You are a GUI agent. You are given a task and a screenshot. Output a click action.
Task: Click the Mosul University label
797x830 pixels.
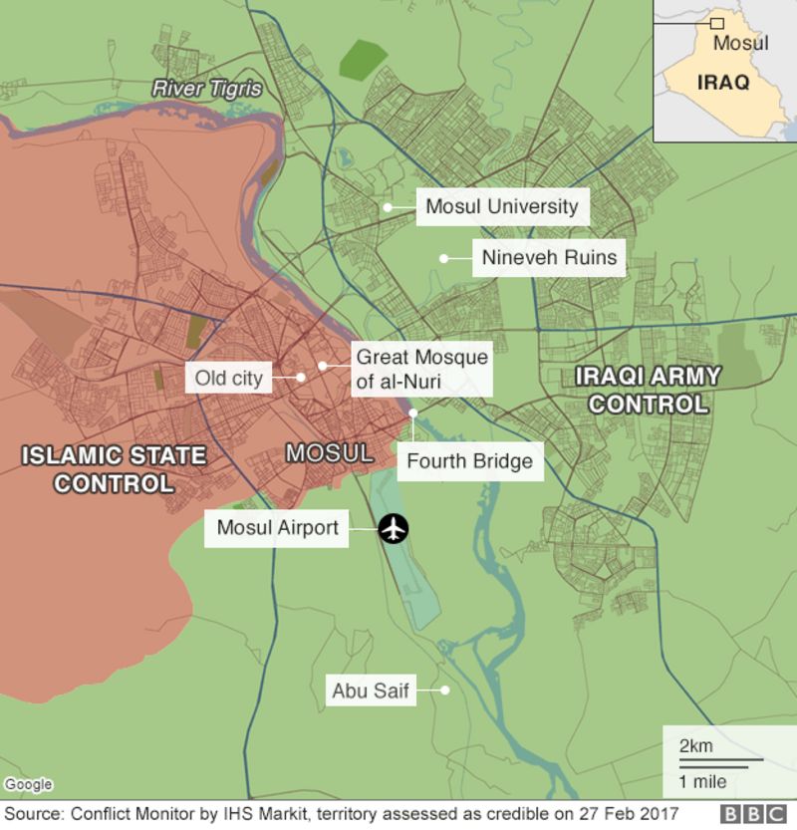point(501,207)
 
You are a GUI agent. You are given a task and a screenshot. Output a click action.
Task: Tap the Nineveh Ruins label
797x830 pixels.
point(549,258)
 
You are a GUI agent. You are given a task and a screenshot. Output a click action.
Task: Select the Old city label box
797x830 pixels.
point(229,378)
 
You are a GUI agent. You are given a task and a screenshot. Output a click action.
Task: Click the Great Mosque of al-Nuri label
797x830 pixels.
point(422,368)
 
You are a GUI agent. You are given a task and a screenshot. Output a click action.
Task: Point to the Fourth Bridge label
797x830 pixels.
point(469,462)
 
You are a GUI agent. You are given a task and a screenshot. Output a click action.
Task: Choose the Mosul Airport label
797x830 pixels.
point(278,528)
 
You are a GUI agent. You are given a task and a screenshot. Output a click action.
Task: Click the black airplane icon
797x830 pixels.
point(396,529)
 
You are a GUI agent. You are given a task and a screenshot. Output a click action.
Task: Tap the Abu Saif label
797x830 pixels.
point(372,690)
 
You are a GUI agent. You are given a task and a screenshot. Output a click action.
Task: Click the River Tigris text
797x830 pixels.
point(207,89)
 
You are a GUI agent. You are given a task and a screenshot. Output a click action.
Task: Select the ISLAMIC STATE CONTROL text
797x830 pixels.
point(115,470)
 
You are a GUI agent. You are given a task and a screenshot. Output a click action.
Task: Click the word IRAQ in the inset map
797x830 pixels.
point(723,83)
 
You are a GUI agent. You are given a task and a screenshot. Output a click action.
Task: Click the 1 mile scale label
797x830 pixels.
point(702,780)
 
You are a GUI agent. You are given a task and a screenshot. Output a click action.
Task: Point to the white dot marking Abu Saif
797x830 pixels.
point(446,689)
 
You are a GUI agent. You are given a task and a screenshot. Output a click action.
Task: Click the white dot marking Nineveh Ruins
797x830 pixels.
point(442,258)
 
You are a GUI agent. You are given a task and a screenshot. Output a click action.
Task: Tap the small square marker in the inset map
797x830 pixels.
point(715,23)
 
